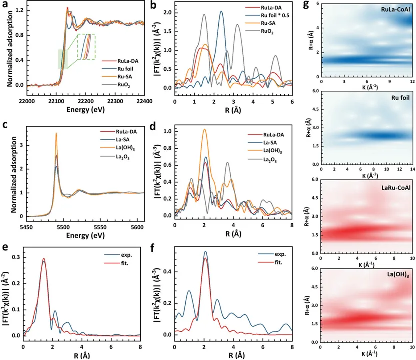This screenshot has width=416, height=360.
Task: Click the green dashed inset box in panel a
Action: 86,45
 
